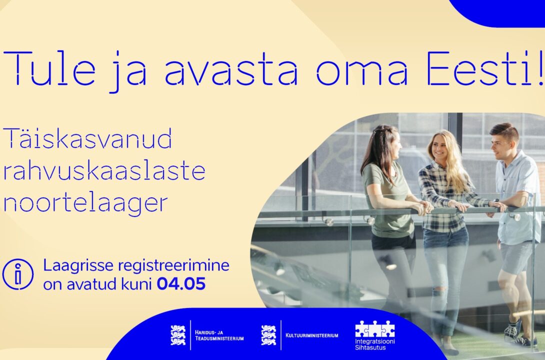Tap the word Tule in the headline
pyautogui.click(x=49, y=68)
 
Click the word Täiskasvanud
pyautogui.click(x=87, y=138)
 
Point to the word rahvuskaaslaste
pyautogui.click(x=104, y=170)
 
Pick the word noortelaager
pyautogui.click(x=85, y=204)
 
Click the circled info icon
pyautogui.click(x=18, y=274)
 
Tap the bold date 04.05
pyautogui.click(x=181, y=284)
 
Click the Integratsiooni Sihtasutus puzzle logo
pyautogui.click(x=374, y=334)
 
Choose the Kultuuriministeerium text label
pyautogui.click(x=312, y=335)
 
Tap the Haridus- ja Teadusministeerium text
pyautogui.click(x=219, y=335)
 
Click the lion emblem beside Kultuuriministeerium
pyautogui.click(x=268, y=335)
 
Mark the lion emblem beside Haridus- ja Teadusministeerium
pyautogui.click(x=178, y=335)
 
